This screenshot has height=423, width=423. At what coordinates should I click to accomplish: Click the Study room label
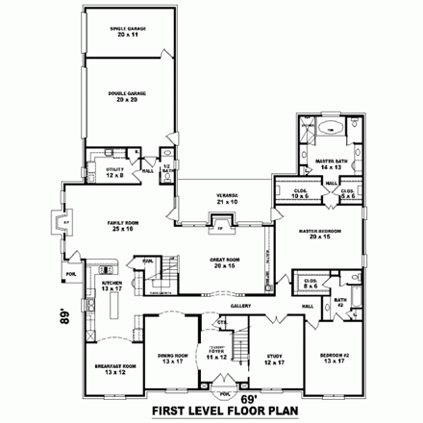click(x=274, y=359)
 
